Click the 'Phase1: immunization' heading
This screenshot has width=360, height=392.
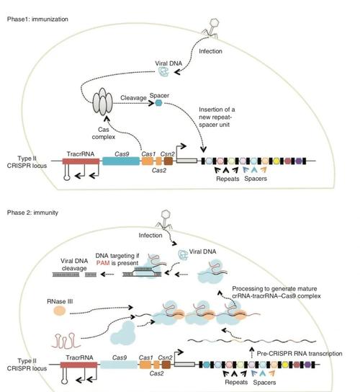37,19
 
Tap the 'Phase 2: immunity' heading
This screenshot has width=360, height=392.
32,213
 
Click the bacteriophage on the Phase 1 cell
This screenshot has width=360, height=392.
211,29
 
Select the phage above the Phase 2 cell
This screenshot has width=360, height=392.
164,220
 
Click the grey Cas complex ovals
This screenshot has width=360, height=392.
103,102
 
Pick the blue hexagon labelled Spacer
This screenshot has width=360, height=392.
158,102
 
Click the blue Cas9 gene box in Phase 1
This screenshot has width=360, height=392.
121,161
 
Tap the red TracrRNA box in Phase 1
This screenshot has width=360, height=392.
81,161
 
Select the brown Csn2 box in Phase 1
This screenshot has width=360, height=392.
168,161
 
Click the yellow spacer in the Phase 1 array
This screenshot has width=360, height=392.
276,161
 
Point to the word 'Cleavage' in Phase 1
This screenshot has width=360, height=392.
133,98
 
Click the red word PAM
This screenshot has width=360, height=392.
103,263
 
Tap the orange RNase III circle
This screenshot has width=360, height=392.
60,311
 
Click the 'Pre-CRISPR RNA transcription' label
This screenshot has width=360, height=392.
300,354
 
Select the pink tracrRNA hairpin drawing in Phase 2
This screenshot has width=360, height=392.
66,341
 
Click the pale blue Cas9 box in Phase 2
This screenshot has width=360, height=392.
119,365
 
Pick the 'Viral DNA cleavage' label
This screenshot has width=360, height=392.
74,264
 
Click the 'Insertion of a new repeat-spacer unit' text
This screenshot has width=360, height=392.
217,117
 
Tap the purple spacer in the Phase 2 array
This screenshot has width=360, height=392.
307,365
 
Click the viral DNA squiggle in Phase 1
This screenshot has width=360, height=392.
164,72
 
